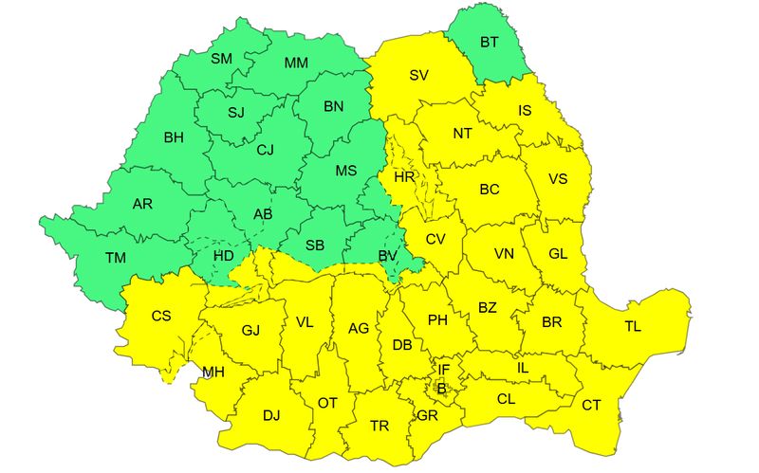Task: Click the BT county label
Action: click(490, 42)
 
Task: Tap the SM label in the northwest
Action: click(221, 59)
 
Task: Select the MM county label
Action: click(296, 64)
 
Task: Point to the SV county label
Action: click(418, 75)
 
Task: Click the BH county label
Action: click(174, 137)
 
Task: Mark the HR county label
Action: click(404, 177)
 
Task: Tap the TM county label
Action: click(116, 258)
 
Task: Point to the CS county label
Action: click(161, 316)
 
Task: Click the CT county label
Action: click(591, 405)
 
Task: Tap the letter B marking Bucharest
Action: click(440, 387)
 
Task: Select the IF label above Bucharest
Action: click(443, 369)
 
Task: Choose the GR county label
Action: click(427, 415)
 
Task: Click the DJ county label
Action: click(271, 415)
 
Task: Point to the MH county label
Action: click(213, 372)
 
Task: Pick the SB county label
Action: click(315, 246)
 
